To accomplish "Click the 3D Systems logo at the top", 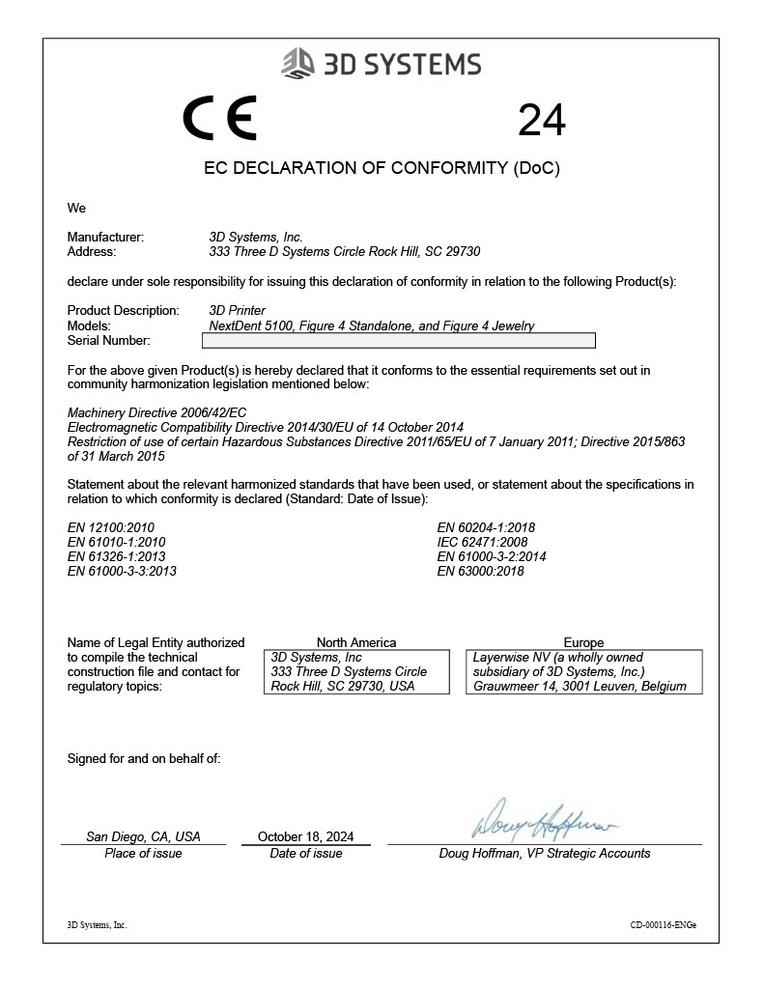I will coord(381,65).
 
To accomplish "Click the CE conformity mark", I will coord(219,119).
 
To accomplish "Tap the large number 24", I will coord(542,121).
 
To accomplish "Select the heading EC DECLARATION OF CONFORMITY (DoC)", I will coord(382,168).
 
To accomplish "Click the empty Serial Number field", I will coord(402,341).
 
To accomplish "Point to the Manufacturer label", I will coord(105,237).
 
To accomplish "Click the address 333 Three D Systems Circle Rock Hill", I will coord(345,251).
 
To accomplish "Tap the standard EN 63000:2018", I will coord(480,571).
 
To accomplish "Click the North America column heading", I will coord(356,642).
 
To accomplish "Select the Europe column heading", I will coord(583,642).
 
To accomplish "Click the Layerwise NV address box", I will coord(583,671).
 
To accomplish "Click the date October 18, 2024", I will coord(306,836).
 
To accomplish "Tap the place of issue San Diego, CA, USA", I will coord(143,836).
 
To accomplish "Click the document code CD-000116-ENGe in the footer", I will coord(663,924).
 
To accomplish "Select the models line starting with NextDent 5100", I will coord(372,325).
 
